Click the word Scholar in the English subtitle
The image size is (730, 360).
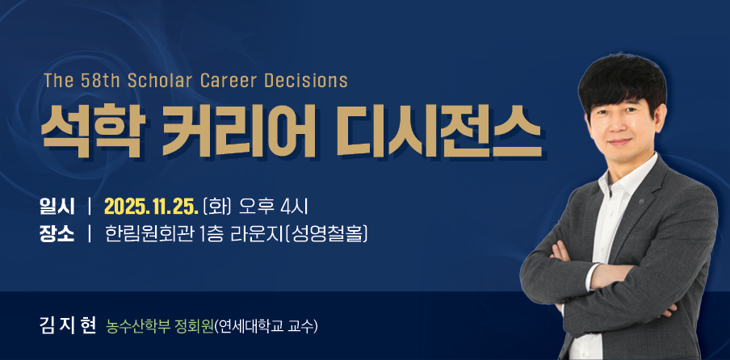(159, 81)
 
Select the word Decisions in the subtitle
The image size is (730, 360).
(306, 81)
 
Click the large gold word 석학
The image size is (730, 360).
(91, 130)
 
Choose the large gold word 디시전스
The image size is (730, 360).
(438, 130)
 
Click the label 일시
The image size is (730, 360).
(57, 207)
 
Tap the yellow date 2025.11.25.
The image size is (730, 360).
(152, 207)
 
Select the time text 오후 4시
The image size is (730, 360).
(272, 207)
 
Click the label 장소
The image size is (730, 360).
(57, 233)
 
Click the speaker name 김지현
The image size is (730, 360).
(68, 326)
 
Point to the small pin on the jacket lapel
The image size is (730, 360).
(641, 202)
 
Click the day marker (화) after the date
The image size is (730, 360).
(218, 207)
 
